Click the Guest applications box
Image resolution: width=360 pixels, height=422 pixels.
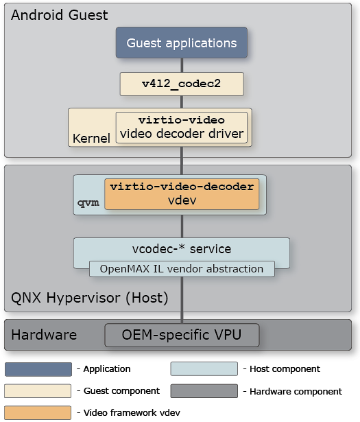pos(182,43)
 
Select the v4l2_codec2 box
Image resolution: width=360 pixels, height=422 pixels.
pos(182,84)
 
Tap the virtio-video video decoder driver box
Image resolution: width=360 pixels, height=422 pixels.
pos(181,127)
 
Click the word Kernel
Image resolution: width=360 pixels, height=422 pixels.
pos(91,139)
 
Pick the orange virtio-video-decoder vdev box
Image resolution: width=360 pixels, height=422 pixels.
pos(182,194)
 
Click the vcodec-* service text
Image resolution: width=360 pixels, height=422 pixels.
pos(182,248)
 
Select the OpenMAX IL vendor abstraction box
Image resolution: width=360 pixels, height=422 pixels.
pos(182,269)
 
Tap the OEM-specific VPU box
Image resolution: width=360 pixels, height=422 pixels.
pos(182,336)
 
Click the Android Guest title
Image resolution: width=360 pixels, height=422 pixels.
pos(60,14)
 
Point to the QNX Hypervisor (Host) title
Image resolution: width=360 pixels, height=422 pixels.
pos(89,298)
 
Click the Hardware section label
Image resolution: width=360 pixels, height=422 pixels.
pos(44,336)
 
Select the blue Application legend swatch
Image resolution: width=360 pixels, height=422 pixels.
pos(38,369)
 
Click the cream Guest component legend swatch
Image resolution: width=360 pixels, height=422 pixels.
pos(38,391)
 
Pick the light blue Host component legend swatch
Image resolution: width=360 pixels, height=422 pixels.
pos(204,369)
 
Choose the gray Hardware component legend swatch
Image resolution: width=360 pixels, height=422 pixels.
pos(204,391)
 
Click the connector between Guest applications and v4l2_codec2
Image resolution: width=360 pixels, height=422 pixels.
pos(182,65)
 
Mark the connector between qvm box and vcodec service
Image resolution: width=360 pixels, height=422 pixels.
pos(182,226)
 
